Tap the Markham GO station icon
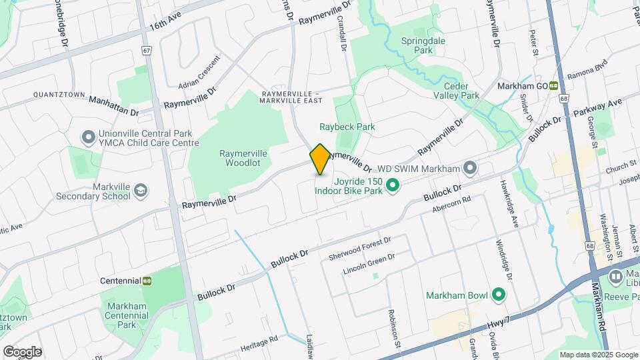tap(553, 86)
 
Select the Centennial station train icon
tap(146, 281)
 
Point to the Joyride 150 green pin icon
tap(393, 185)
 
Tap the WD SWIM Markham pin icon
tap(471, 167)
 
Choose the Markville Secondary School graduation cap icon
tap(141, 191)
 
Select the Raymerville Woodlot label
tap(243, 158)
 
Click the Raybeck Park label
tap(347, 127)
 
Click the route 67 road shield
tap(147, 50)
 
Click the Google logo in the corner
tap(22, 351)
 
